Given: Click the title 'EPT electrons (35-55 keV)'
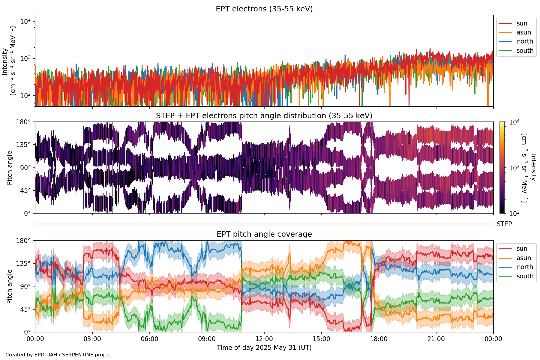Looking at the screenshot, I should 264,9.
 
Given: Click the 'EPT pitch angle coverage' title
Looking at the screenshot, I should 264,234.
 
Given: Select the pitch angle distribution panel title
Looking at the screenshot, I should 264,116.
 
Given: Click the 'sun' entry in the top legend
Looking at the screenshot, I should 522,23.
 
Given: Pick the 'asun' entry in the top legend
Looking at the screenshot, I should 523,32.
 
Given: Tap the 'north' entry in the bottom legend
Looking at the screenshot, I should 525,267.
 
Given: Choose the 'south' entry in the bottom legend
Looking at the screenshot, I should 525,276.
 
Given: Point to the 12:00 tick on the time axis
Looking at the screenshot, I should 264,339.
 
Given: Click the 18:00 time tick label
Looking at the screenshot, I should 379,339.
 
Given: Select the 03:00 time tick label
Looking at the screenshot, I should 92,339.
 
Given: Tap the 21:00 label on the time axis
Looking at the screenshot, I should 436,339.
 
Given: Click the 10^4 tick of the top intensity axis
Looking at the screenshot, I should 25,22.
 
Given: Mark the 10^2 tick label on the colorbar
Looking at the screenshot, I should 514,214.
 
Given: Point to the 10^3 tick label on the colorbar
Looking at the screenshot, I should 514,168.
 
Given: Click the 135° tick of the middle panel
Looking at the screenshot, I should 23,145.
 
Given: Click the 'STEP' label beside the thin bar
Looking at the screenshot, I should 504,224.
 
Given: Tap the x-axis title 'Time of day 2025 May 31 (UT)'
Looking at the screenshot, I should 264,348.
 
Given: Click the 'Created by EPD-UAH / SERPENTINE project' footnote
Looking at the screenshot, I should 59,355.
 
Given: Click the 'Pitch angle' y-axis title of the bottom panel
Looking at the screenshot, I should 10,286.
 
